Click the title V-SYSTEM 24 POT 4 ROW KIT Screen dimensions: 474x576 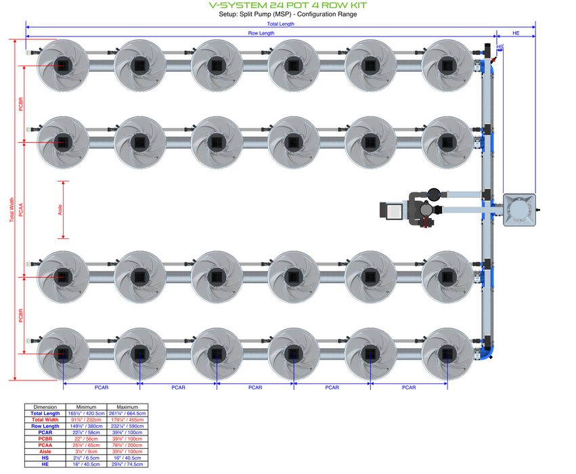click(288, 5)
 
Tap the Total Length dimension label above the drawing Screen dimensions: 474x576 click(280, 24)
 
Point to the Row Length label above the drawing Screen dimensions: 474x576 click(261, 33)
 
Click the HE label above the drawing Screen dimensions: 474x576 click(516, 33)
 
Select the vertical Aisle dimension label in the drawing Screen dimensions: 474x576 click(60, 210)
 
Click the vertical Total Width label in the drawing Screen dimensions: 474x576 click(11, 210)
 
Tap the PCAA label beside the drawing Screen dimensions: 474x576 click(20, 210)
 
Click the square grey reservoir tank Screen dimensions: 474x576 click(519, 209)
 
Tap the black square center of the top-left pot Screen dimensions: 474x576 click(63, 65)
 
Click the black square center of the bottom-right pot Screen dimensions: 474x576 click(447, 353)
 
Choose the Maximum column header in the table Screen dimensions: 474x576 click(127, 407)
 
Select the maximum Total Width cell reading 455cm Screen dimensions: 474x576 click(127, 420)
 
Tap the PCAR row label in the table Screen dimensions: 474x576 click(45, 432)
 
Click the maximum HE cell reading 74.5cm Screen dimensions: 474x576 click(127, 464)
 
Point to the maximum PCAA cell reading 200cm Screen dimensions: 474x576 click(127, 445)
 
